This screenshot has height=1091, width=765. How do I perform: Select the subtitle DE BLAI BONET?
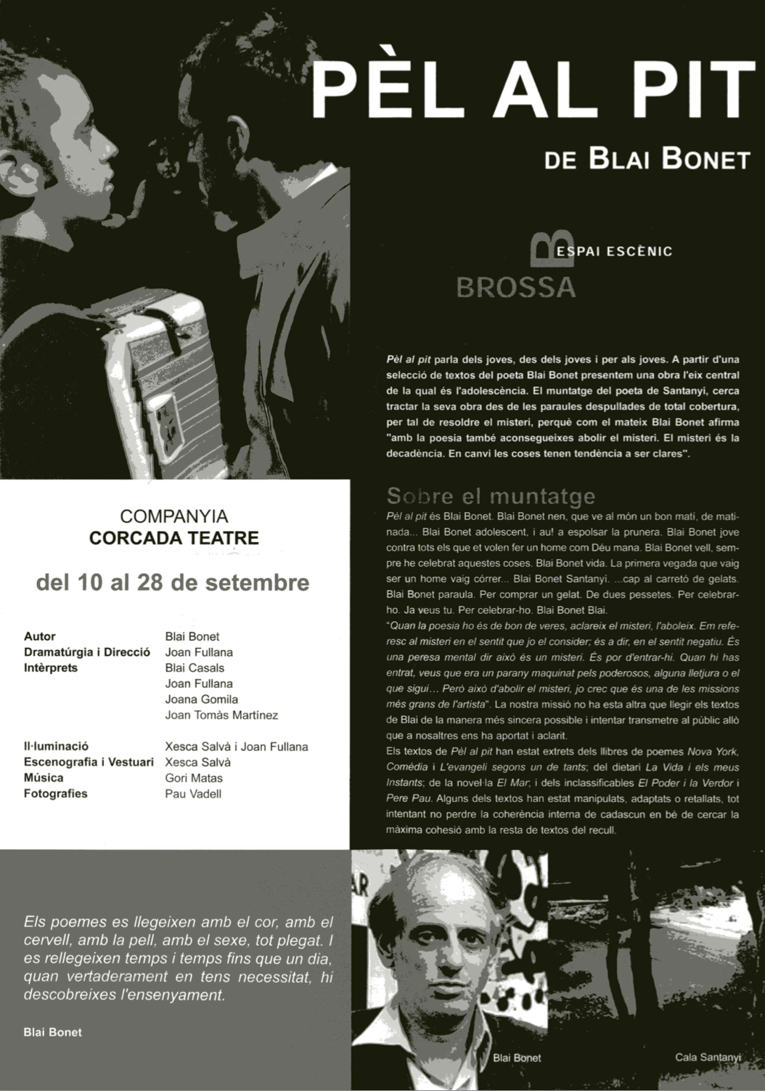coord(646,159)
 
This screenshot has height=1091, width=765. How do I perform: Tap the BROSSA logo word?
coord(515,287)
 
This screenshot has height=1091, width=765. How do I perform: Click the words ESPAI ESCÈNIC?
coord(617,251)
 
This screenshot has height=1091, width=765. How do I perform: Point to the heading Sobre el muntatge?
coord(491,496)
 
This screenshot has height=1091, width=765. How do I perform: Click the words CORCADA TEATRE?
coord(173,538)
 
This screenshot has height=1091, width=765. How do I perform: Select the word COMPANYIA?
coord(174,516)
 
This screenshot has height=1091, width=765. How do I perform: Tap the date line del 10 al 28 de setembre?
coord(173,583)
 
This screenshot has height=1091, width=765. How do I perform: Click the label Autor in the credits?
coord(39,636)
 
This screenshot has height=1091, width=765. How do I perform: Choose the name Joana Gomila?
coord(202,699)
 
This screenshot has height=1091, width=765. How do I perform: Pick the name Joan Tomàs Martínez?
coord(221,715)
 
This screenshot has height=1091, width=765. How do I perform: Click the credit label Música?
coord(44,778)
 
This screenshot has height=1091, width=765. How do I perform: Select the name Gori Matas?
coord(194,778)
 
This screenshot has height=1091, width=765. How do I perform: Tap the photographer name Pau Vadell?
coord(193,794)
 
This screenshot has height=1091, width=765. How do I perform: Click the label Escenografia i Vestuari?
coord(89,762)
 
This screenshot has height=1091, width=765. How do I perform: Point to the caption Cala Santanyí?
coord(708,1057)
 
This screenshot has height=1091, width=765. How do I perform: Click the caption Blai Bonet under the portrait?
coord(517,1058)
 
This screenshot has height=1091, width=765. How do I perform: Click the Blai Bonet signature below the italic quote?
coord(52,1031)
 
